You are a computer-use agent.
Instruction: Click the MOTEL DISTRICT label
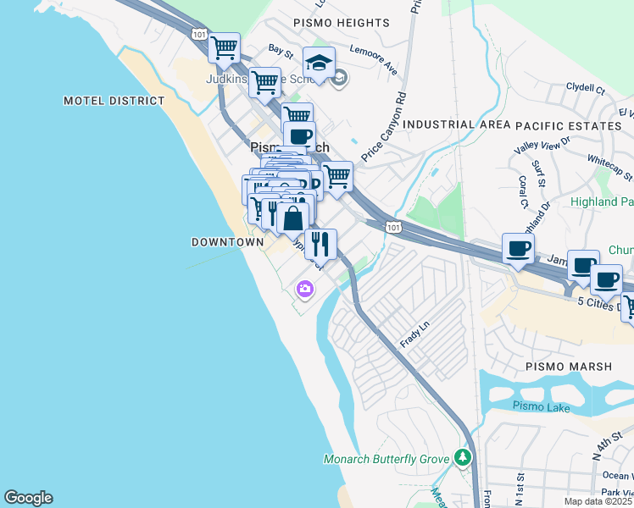click(x=114, y=101)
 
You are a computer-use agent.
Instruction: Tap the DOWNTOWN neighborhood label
click(x=227, y=242)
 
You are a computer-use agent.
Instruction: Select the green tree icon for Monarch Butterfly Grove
click(x=462, y=458)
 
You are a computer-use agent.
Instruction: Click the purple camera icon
click(x=304, y=290)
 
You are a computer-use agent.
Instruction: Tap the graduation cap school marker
click(x=319, y=63)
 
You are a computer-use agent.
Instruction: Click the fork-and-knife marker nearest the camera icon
click(x=320, y=245)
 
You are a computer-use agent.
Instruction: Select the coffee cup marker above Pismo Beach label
click(x=298, y=136)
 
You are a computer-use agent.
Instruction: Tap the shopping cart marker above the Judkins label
click(x=224, y=48)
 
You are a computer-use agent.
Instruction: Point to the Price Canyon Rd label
click(x=383, y=127)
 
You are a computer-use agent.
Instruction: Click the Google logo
click(x=28, y=498)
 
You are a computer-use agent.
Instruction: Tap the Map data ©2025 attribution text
click(x=597, y=501)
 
